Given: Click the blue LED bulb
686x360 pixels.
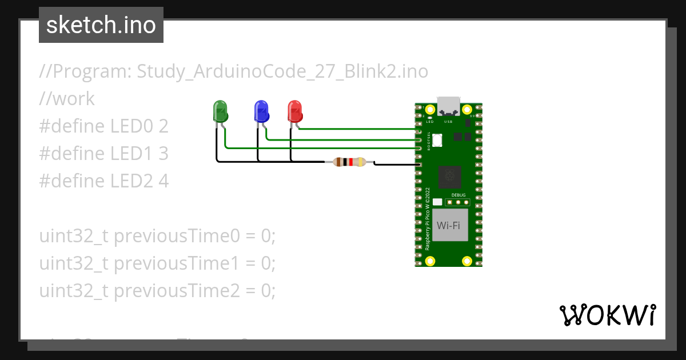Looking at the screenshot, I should click(261, 111).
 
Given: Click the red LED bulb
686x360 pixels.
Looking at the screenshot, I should click(294, 111).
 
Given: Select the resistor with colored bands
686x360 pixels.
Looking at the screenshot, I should click(349, 162).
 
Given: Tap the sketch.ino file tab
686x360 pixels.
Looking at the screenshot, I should click(101, 25).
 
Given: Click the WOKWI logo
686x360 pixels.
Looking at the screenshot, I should click(607, 315).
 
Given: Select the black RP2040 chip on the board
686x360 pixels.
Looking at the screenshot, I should click(449, 177).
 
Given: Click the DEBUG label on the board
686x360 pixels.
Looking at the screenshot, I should click(458, 195).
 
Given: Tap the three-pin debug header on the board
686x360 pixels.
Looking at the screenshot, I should click(458, 202).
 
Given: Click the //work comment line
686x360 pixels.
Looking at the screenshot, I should click(67, 99).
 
